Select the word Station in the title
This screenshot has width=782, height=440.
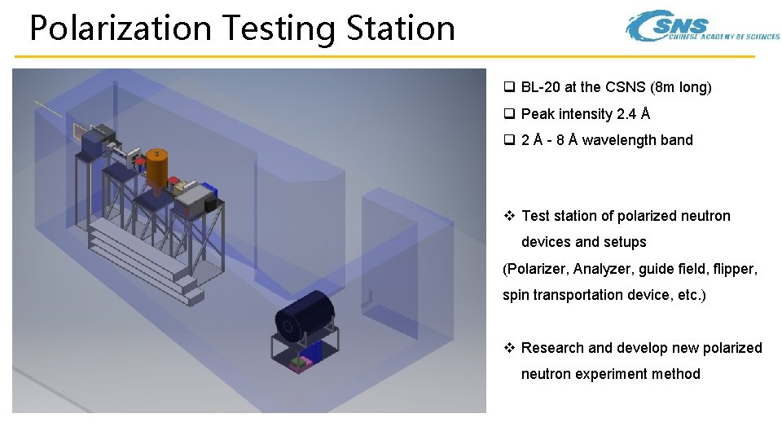tap(400, 28)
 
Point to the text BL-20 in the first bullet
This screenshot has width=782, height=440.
tap(540, 87)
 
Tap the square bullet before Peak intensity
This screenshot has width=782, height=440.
tap(508, 114)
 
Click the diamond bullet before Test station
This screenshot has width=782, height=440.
tap(509, 216)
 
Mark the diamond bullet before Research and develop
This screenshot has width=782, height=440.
tap(509, 348)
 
